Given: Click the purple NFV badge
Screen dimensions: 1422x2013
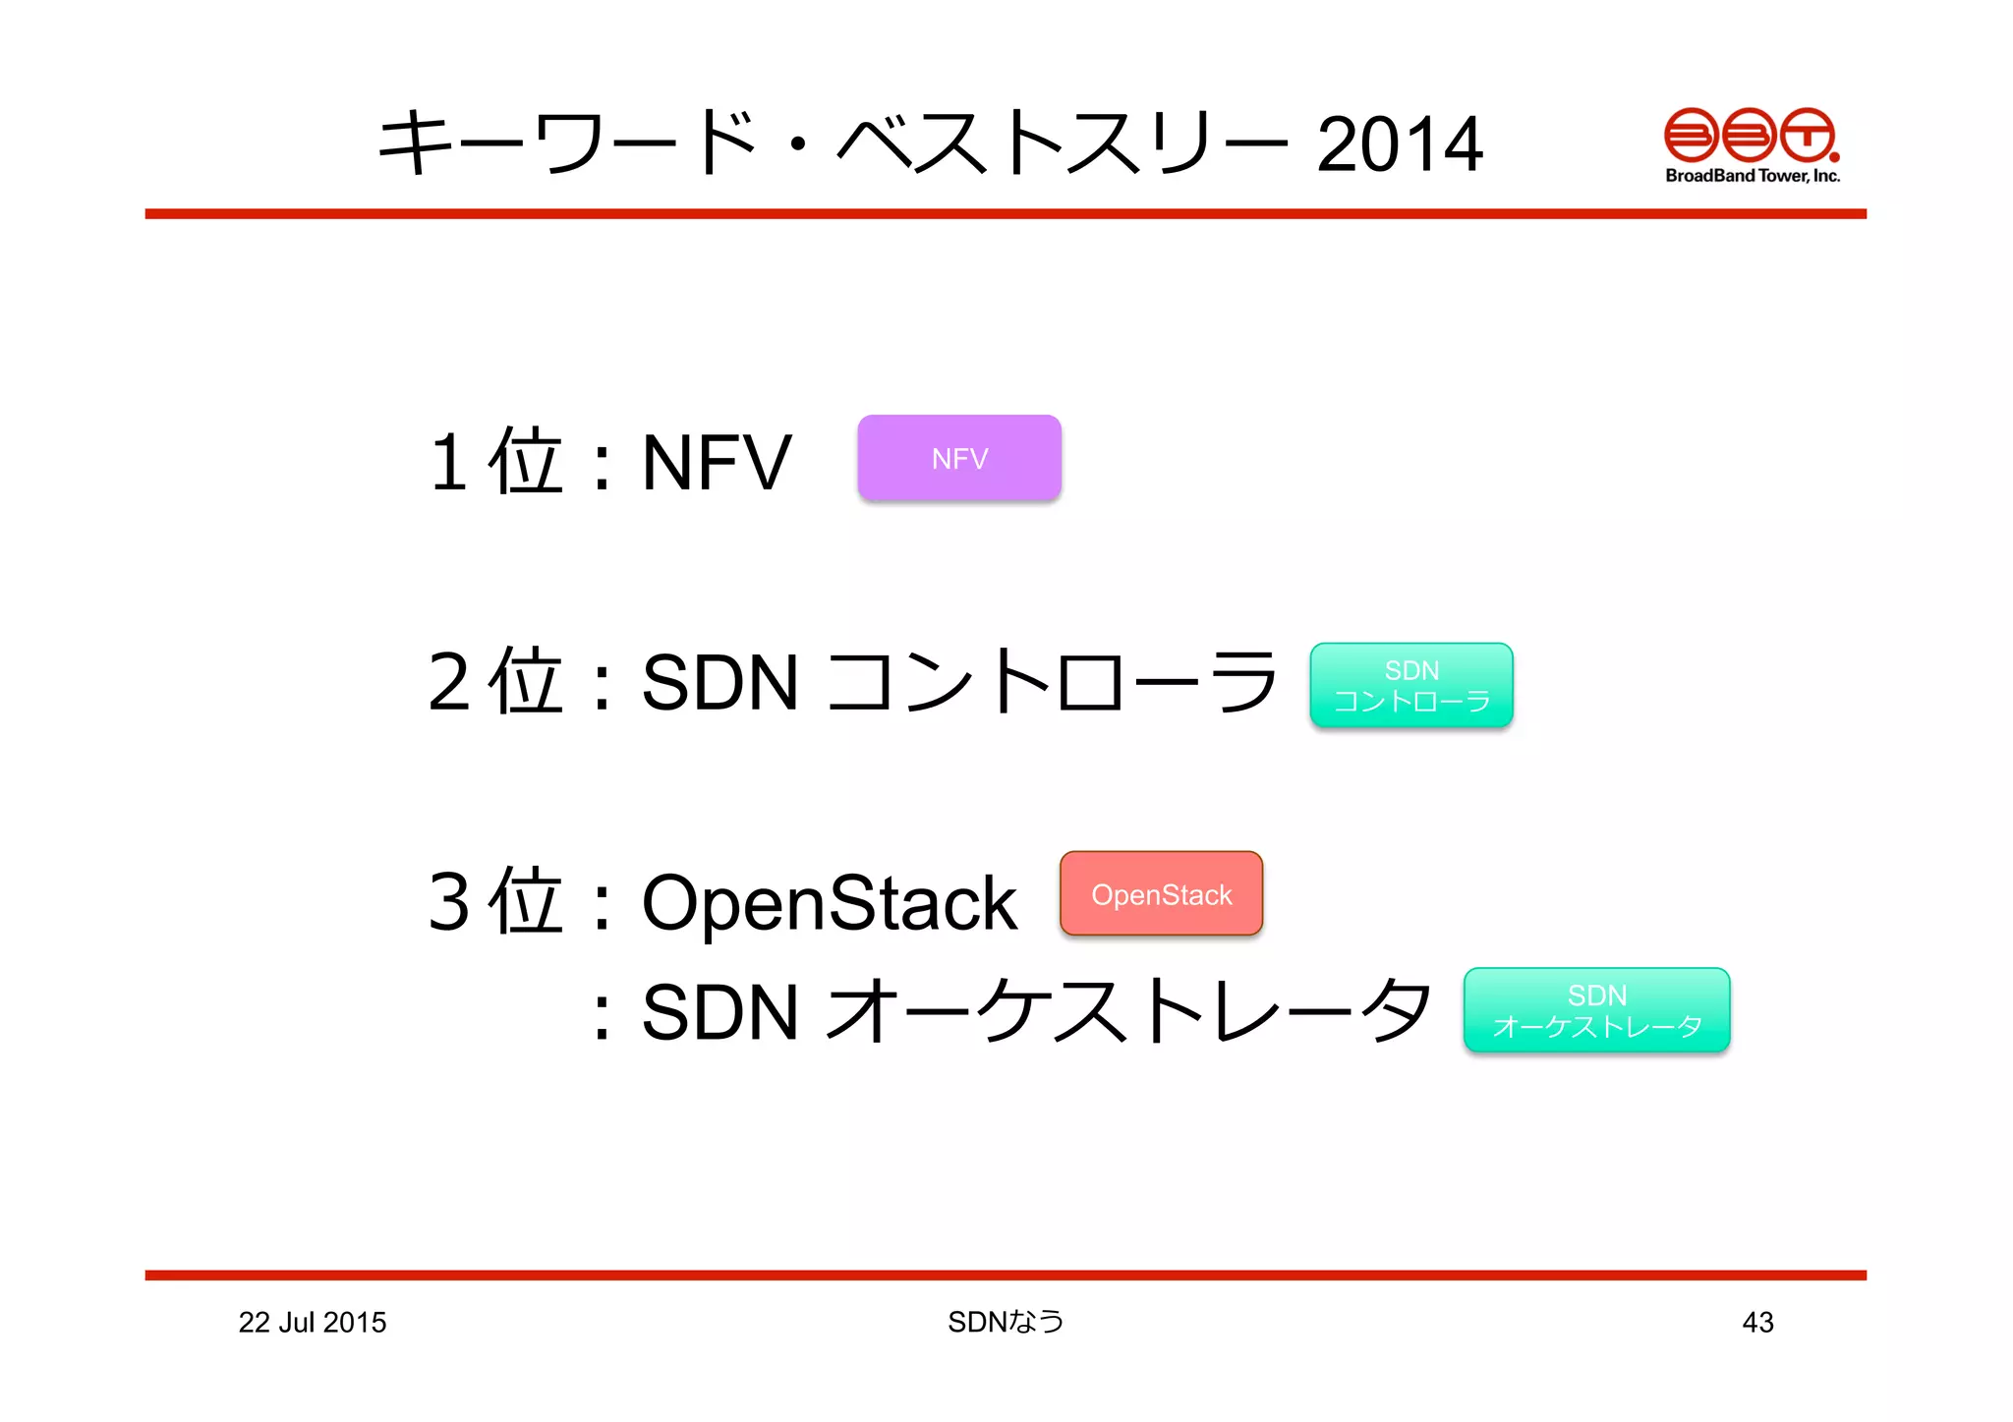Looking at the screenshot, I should coord(958,458).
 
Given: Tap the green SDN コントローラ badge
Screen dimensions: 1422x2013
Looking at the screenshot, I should coord(1410,685).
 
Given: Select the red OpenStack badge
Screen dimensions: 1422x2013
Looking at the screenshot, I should coord(1161,893).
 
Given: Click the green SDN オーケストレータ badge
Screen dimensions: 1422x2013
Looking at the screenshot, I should coord(1595,1010).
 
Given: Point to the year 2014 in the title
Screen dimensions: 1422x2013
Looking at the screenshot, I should coord(1399,144).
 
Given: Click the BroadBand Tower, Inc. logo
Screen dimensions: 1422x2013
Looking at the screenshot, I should coord(1752,145).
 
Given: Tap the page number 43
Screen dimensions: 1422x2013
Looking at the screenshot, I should coord(1757,1322).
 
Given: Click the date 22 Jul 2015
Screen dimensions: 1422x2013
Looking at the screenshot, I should coord(313,1322).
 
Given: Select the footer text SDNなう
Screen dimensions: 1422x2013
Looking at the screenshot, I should coord(1005,1322).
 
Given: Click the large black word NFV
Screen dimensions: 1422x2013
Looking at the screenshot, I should coord(716,462).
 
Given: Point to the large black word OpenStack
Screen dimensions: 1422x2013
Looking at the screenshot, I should coord(829,902).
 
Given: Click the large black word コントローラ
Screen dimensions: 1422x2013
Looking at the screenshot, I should coord(1052,682).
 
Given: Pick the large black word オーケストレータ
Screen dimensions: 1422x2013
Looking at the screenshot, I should coord(1128,1012).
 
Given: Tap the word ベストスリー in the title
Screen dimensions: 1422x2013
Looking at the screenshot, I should coord(1062,144).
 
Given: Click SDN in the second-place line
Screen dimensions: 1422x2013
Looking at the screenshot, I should coord(719,682).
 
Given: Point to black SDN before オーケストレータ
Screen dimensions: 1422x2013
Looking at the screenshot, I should coord(719,1012).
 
